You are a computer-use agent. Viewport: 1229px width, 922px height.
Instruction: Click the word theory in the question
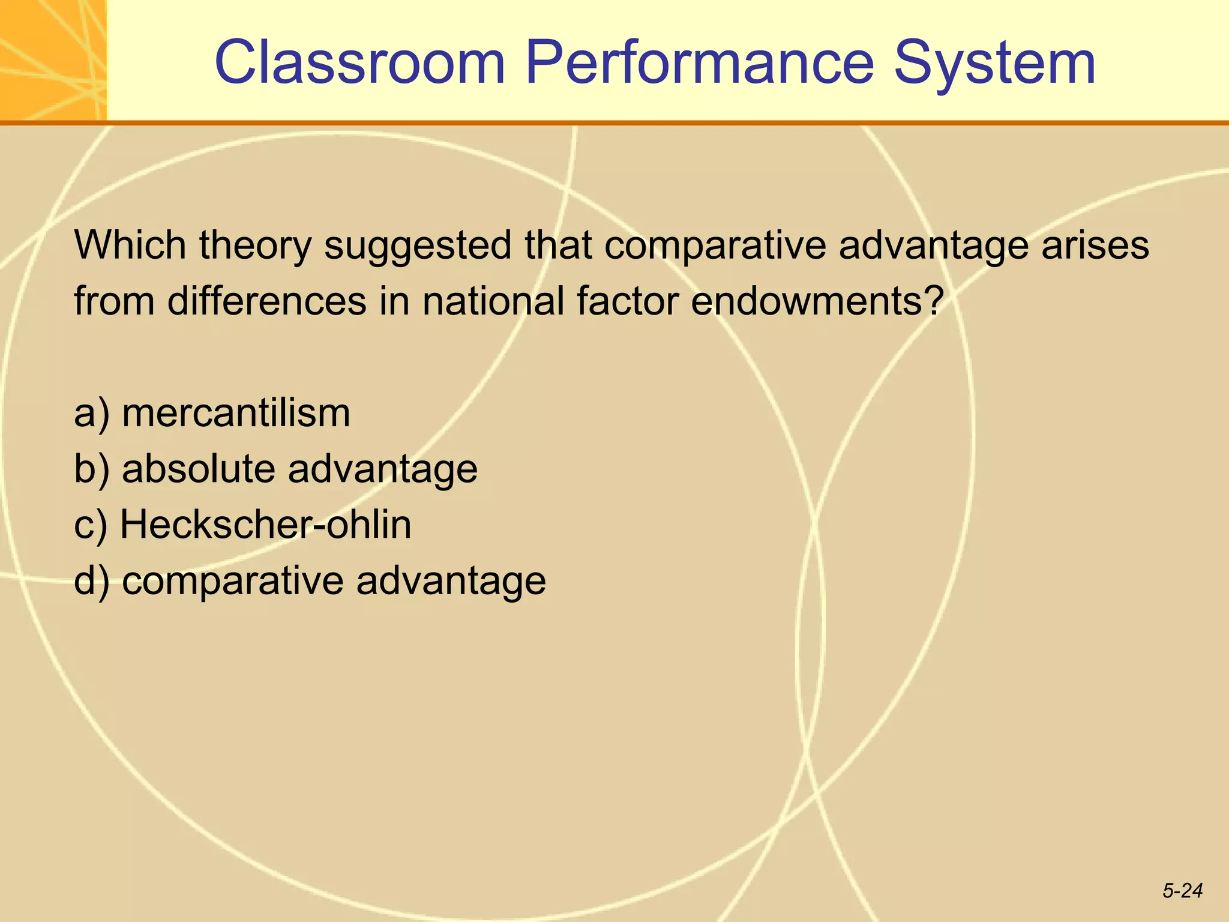(x=256, y=246)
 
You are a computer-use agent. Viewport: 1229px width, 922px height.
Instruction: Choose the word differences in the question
(x=266, y=301)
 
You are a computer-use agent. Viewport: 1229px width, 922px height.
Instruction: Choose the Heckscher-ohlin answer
(x=266, y=524)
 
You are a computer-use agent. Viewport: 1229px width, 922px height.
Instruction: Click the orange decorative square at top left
(x=53, y=60)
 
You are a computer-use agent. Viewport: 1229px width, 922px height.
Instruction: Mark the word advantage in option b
(x=383, y=469)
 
